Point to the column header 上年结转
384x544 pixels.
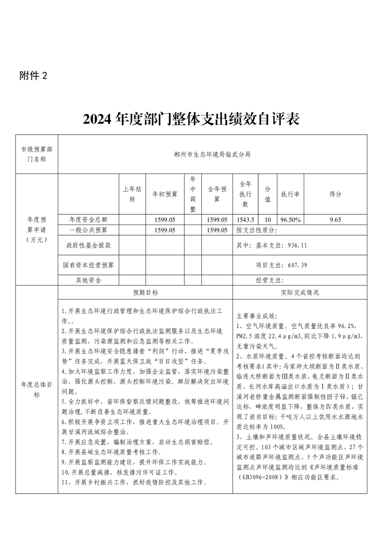tap(132, 193)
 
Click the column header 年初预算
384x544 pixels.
tap(165, 193)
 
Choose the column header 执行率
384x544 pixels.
tap(290, 193)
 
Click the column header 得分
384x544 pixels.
tap(335, 193)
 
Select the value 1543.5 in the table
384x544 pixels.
tap(245, 219)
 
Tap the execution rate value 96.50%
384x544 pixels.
tap(290, 219)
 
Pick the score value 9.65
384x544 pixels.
tap(335, 219)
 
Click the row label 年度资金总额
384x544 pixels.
tap(88, 219)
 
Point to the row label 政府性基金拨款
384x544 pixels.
tap(88, 245)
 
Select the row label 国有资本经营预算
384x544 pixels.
tap(88, 265)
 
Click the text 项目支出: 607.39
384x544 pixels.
tap(281, 265)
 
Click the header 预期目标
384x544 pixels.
tap(145, 293)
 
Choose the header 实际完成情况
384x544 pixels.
tap(300, 293)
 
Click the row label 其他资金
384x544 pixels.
tap(88, 280)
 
